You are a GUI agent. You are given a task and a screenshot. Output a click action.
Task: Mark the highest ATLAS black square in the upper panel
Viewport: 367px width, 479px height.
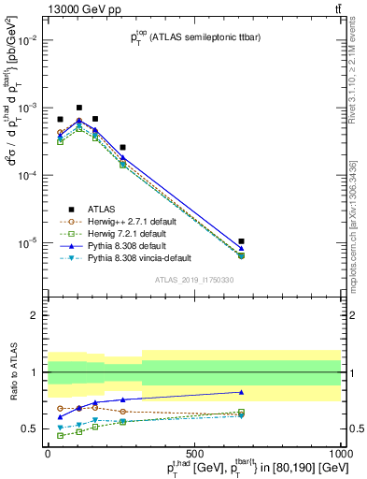pos(79,108)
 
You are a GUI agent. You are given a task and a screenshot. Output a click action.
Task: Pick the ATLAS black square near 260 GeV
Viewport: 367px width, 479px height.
pos(122,148)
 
